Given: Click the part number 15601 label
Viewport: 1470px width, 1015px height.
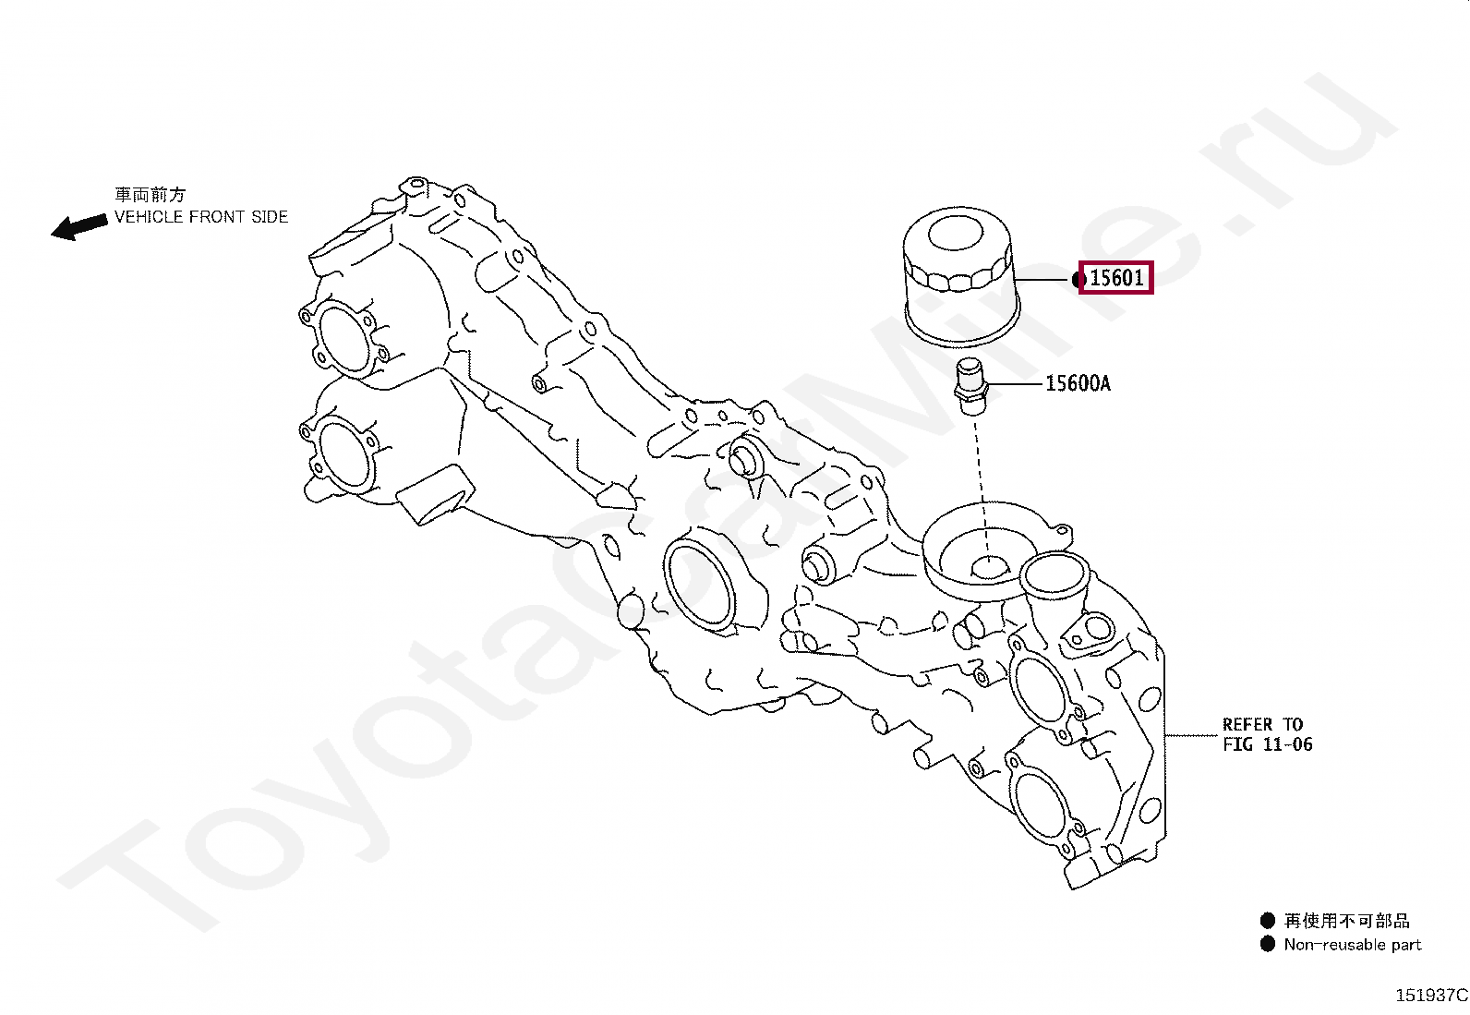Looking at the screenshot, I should point(1116,277).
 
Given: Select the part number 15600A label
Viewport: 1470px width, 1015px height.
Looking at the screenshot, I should point(1078,383).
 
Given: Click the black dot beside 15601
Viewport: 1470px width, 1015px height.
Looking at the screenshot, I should point(1078,279).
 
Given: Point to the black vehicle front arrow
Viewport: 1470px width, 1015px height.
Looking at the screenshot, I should point(78,225).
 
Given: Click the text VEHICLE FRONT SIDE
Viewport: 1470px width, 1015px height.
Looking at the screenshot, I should point(200,217).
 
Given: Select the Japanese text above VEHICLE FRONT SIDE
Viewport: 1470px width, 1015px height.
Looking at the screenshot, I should point(150,195).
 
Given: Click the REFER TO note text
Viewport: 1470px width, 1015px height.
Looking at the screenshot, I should point(1262,725).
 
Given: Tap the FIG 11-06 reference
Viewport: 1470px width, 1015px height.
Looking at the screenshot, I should point(1267,744).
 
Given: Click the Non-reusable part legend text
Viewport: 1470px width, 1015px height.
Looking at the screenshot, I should point(1352,945).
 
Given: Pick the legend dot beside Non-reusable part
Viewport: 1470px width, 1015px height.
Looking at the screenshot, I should point(1267,945).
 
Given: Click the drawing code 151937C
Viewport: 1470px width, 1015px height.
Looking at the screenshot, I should point(1430,996).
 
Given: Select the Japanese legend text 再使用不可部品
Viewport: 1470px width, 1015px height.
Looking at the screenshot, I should point(1346,921).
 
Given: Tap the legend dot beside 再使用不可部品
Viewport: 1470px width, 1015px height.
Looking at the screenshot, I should point(1267,921).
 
